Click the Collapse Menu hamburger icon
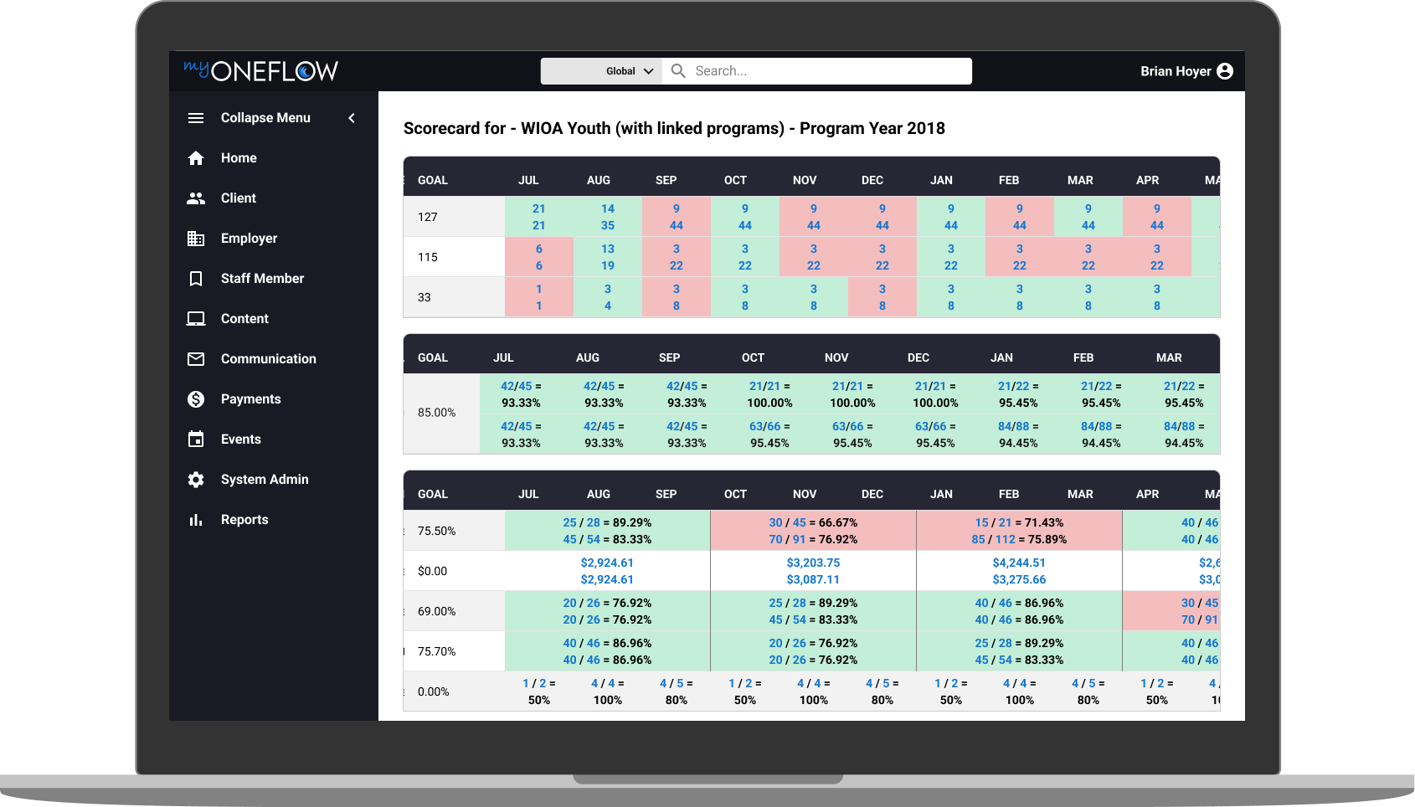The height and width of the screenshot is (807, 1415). point(196,118)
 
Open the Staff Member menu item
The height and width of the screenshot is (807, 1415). point(262,279)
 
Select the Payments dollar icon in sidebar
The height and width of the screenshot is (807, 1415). point(196,399)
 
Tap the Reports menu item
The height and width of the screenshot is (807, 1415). point(244,520)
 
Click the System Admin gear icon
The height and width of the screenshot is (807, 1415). point(196,480)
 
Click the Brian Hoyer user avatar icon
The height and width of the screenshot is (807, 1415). point(1225,71)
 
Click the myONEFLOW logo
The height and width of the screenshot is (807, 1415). point(260,70)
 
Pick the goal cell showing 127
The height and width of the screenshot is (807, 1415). point(428,217)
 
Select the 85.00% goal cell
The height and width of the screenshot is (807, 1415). point(437,413)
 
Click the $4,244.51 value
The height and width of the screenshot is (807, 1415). point(1019,563)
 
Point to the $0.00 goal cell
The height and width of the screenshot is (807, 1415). point(433,571)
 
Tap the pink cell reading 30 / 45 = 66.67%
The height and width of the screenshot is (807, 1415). point(813,522)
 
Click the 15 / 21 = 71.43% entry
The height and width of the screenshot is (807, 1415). point(1019,522)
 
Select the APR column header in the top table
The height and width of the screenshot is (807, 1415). point(1147,180)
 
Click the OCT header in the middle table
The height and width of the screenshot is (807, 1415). point(753,357)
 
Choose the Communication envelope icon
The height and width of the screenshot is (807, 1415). point(196,359)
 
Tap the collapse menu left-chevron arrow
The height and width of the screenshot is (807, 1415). point(352,118)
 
